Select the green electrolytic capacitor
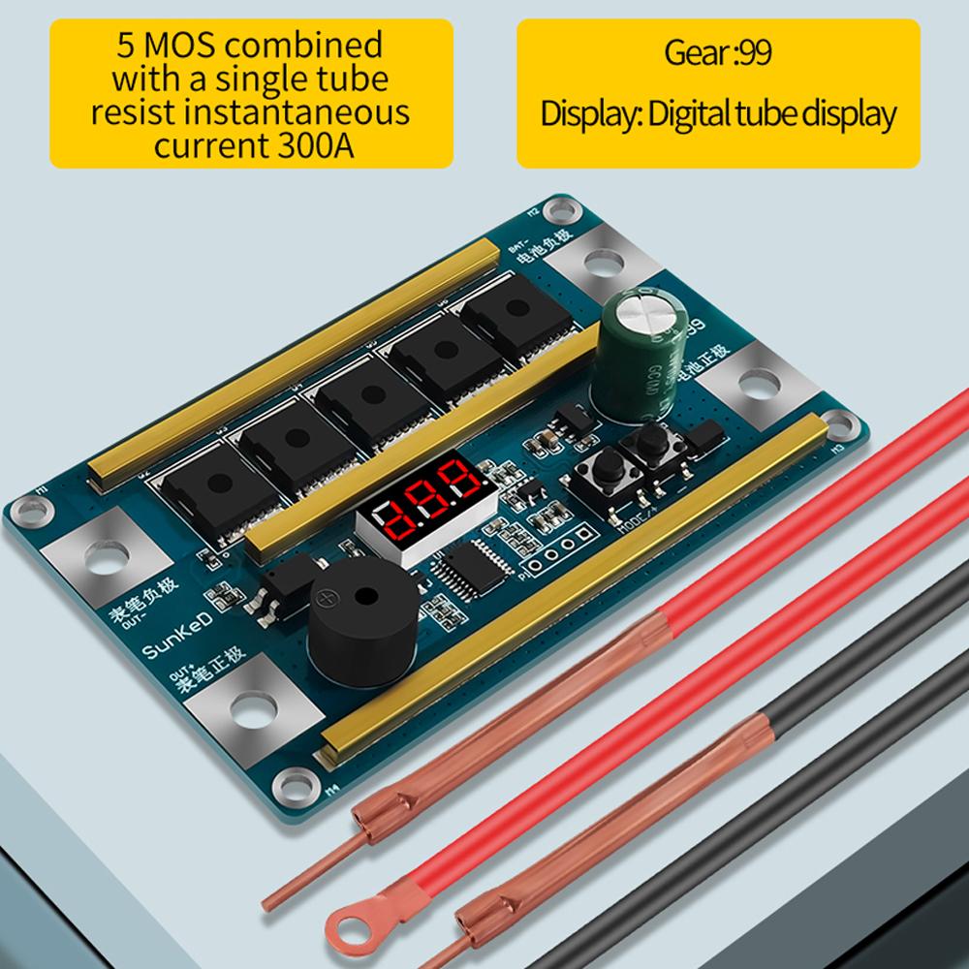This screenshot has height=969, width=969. (x=641, y=359)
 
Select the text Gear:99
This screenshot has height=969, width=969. (x=718, y=52)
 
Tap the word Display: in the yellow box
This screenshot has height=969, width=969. (x=588, y=113)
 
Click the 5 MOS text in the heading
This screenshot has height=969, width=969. (x=171, y=45)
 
